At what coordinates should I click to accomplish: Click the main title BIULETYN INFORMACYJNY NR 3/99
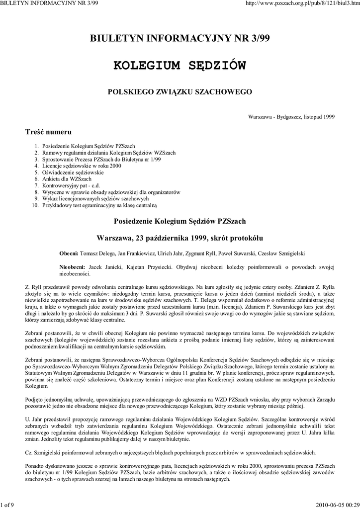coord(180,39)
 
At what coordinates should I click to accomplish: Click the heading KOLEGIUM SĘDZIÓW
coord(180,66)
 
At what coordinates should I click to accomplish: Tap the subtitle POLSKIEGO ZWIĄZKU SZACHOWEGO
coord(180,92)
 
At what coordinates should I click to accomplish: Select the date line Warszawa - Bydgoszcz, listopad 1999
coord(291,117)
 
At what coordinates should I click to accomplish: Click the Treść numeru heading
coord(48,132)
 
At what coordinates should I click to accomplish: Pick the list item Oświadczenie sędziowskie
coord(73,172)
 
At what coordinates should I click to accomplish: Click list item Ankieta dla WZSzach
coord(67,178)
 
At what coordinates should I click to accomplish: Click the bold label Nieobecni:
coord(72,267)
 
